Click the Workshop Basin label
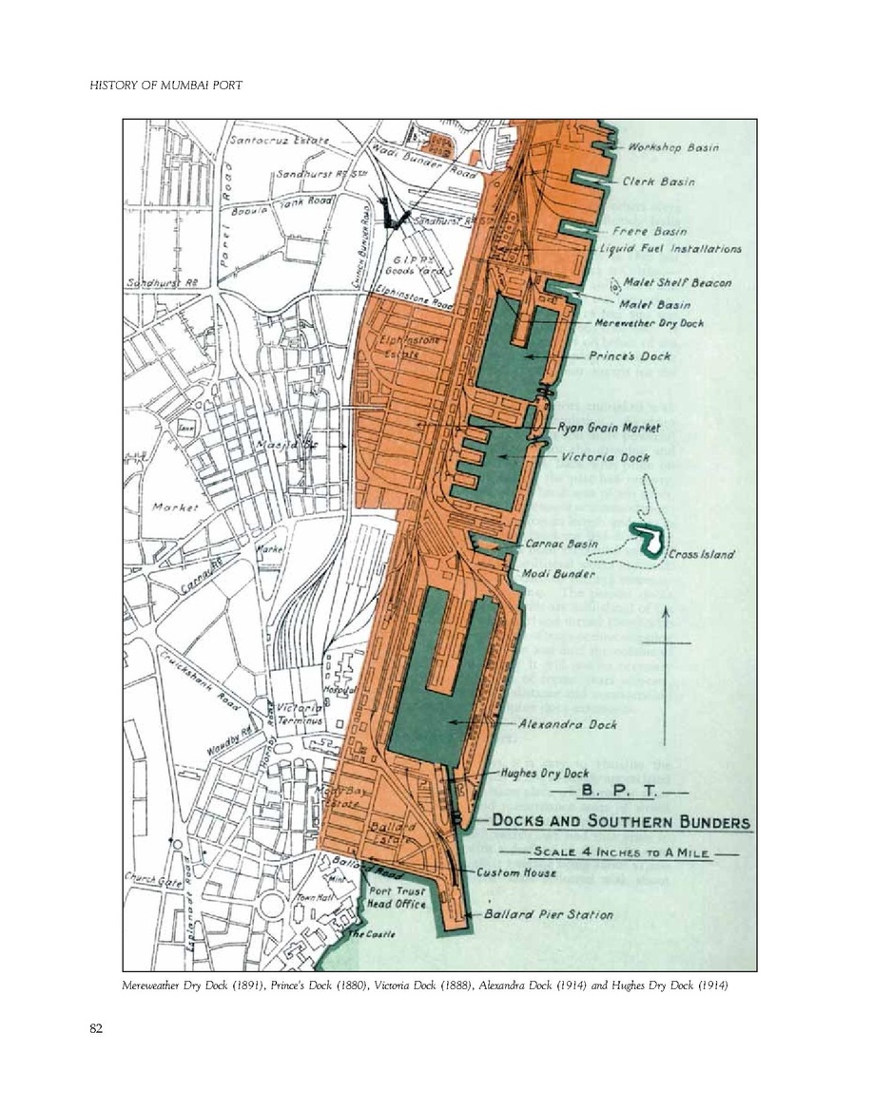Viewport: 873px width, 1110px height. pos(672,147)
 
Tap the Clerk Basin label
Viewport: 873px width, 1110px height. pos(658,182)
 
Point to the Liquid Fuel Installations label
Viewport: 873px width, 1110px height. pos(670,249)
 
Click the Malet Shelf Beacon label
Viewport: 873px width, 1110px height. pos(677,282)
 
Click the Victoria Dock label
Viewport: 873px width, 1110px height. pos(607,457)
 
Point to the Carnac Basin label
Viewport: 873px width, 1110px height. pos(562,545)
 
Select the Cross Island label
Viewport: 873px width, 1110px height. pos(702,555)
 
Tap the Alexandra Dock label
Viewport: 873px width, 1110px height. pos(568,724)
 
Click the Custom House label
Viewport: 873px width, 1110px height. pos(517,871)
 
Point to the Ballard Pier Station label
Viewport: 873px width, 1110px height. pos(549,914)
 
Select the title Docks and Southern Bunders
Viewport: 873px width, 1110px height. pos(620,822)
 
